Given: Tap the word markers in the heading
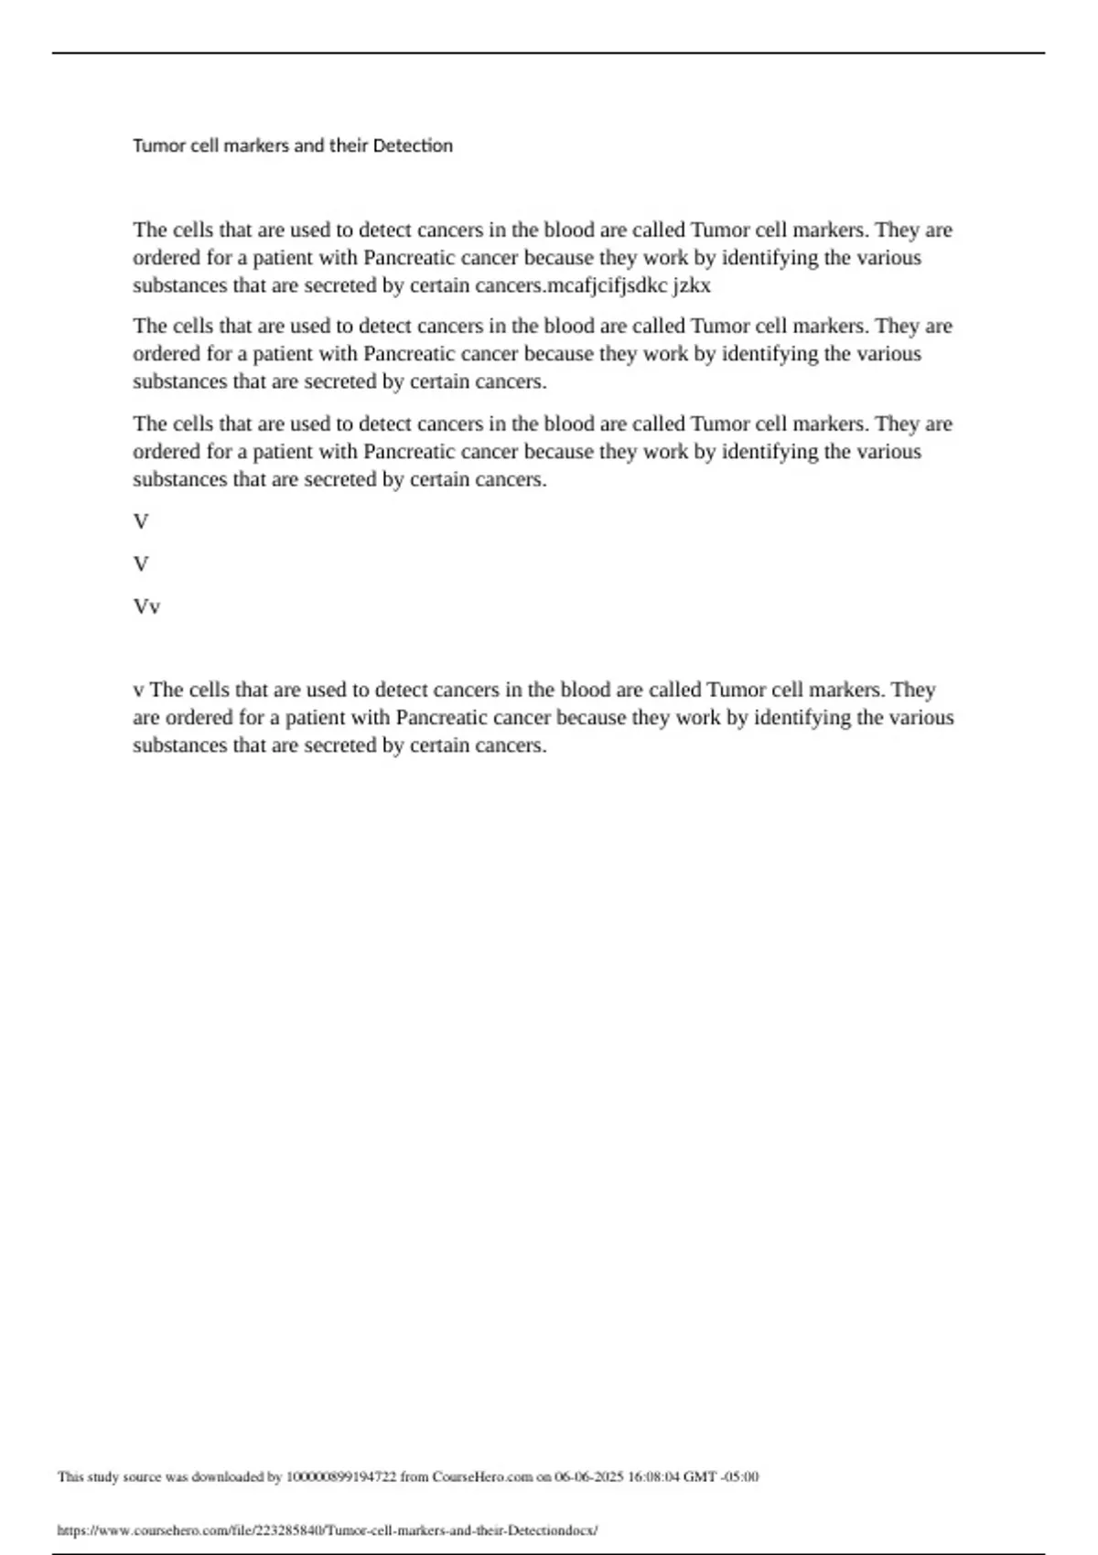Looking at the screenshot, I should pos(256,145).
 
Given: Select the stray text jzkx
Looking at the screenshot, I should pos(692,285).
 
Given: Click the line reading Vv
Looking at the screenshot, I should pos(146,606).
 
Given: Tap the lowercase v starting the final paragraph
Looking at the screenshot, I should pos(138,690).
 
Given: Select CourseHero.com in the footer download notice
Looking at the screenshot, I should pos(482,1476).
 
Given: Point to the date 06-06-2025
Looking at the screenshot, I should pos(589,1476).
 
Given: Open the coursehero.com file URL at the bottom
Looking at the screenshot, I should pos(327,1529).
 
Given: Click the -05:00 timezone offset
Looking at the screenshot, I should pos(740,1476).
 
